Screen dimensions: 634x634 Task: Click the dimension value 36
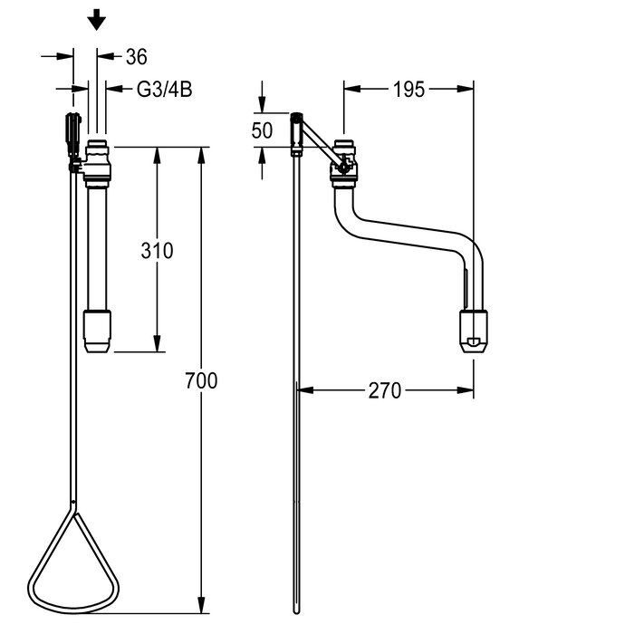[x=136, y=56]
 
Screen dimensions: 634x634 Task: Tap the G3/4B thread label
[x=164, y=90]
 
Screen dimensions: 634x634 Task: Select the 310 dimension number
[x=157, y=251]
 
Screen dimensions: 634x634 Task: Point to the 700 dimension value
[x=201, y=380]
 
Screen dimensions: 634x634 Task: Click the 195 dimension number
[x=408, y=90]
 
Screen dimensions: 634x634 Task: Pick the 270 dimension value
[x=385, y=390]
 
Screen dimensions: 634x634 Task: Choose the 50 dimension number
[x=262, y=130]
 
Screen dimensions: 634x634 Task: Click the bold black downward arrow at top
[x=97, y=20]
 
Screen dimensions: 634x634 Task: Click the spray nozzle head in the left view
[x=97, y=331]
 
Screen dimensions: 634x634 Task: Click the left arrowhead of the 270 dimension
[x=305, y=390]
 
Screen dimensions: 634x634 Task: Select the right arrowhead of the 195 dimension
[x=466, y=89]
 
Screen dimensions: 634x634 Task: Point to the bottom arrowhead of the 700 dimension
[x=201, y=605]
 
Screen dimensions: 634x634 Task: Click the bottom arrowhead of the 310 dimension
[x=158, y=343]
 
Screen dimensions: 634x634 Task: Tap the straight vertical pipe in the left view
[x=98, y=249]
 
